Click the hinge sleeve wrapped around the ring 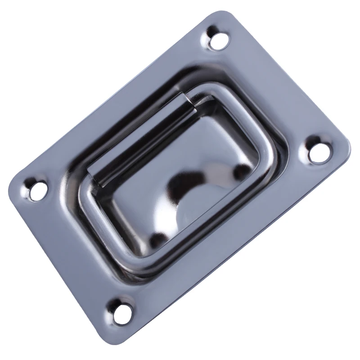pyautogui.click(x=139, y=135)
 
